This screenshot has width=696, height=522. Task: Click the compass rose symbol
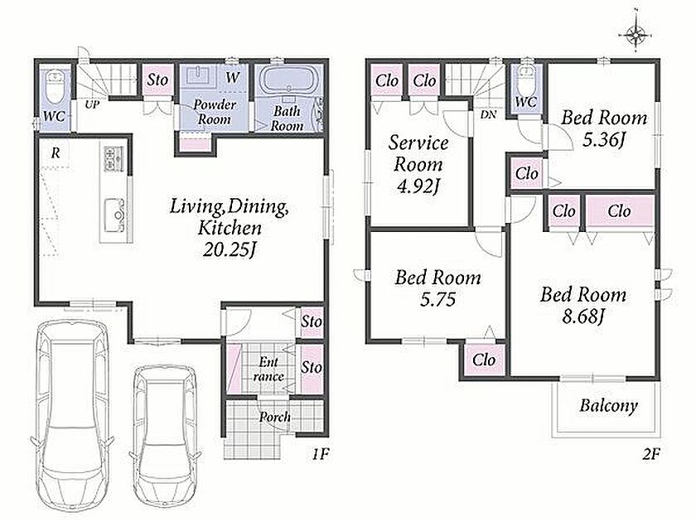pyautogui.click(x=636, y=32)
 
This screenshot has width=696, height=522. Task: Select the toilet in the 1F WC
pyautogui.click(x=55, y=85)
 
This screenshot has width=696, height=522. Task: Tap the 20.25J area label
pyautogui.click(x=230, y=250)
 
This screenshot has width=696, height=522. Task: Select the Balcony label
pyautogui.click(x=608, y=405)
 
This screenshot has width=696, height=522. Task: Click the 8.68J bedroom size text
pyautogui.click(x=582, y=317)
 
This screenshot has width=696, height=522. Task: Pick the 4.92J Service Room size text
pyautogui.click(x=418, y=186)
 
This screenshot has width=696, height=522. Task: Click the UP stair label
pyautogui.click(x=92, y=105)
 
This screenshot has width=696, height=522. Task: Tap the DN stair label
pyautogui.click(x=488, y=114)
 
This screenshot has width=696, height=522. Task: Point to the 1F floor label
pyautogui.click(x=320, y=454)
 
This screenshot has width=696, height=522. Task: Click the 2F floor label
pyautogui.click(x=650, y=454)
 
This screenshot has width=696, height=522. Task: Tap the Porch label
pyautogui.click(x=275, y=417)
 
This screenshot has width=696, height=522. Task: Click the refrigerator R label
pyautogui.click(x=56, y=153)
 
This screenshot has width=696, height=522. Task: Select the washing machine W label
pyautogui.click(x=232, y=78)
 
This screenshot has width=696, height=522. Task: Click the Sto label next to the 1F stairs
pyautogui.click(x=157, y=80)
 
